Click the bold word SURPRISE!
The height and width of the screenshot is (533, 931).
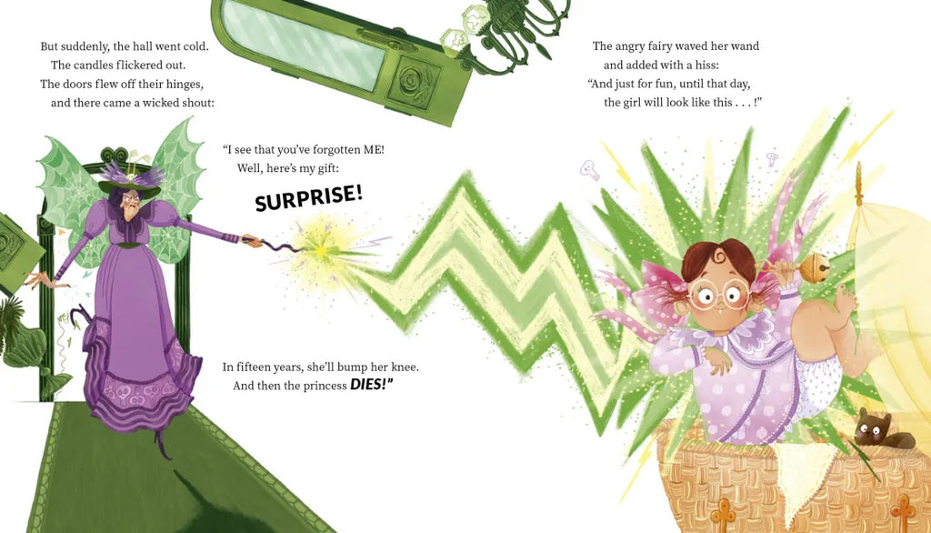click(309, 197)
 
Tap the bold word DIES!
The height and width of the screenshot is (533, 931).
click(372, 385)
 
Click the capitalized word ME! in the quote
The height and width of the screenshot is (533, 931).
click(374, 150)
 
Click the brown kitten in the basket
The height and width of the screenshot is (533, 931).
click(880, 430)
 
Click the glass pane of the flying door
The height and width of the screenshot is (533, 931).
click(304, 43)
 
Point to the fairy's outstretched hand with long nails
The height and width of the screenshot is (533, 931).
click(45, 279)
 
